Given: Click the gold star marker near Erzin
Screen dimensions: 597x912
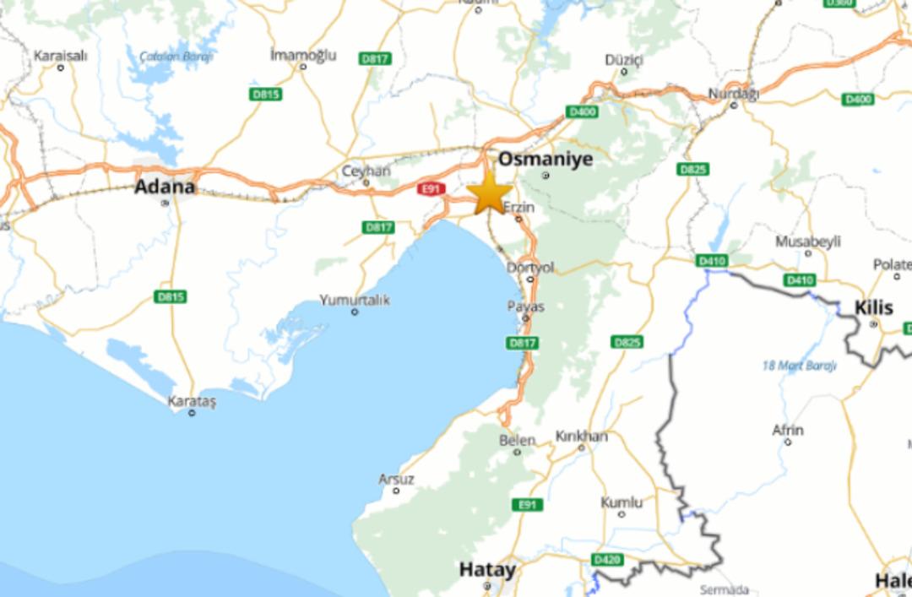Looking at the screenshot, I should tap(490, 194).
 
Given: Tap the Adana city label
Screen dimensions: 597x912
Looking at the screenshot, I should tap(165, 187).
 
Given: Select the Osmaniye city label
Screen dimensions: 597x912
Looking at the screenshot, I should tap(545, 159).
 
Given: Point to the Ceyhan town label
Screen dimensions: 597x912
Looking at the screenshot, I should tap(366, 171).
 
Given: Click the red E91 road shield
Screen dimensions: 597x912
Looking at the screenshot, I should tap(431, 189).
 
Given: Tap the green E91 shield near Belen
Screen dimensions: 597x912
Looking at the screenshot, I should tap(527, 504).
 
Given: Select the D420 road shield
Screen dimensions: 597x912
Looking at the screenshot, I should tap(606, 559).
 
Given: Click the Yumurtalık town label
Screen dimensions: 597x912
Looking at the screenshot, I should tap(355, 300).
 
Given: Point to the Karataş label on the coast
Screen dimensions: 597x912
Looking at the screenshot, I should tap(192, 401).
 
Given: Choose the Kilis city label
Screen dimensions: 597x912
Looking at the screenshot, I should tap(873, 307).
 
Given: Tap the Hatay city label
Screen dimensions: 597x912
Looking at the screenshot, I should tap(487, 570).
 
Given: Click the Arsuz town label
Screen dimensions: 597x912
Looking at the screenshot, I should tap(396, 479).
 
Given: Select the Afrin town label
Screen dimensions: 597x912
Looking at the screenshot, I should tap(787, 430).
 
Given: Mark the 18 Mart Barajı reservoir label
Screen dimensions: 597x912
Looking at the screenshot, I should tap(799, 366).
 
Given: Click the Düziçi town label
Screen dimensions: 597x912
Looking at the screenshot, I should tap(624, 59).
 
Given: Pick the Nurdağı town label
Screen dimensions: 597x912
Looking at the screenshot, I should tap(733, 93).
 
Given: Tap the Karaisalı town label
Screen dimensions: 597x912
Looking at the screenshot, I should tap(60, 56).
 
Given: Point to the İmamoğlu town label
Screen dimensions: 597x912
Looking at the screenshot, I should tap(302, 55).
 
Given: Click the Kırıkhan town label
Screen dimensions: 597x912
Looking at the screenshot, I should tap(581, 436).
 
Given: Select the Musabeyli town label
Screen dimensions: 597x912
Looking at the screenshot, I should tap(808, 242).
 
